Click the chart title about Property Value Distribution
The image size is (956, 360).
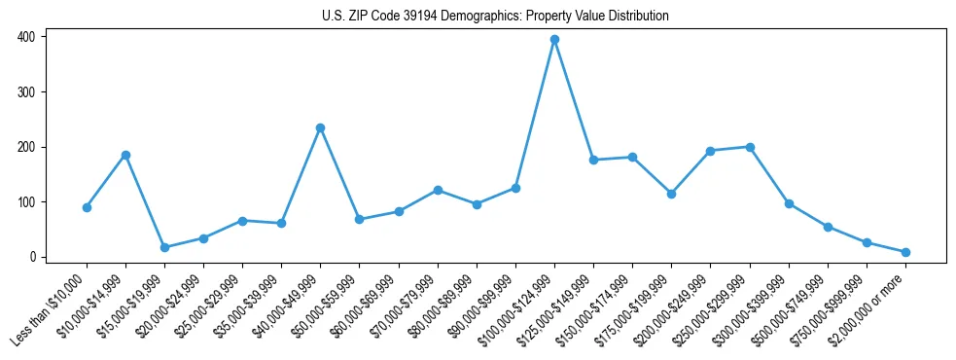coord(495,17)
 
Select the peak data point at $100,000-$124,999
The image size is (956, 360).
coord(554,40)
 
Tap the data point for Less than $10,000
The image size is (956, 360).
coord(87,207)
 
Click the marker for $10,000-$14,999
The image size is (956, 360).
coord(125,155)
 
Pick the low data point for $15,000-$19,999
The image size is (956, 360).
coord(164,247)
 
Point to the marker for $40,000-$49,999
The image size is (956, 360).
coord(320,127)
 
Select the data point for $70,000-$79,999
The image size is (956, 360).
coord(438,190)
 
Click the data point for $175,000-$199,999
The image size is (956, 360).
coord(671,194)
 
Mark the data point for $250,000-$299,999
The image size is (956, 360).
coord(749,147)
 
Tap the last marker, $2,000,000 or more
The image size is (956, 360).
coord(905,252)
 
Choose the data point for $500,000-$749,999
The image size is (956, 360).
coord(828,227)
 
